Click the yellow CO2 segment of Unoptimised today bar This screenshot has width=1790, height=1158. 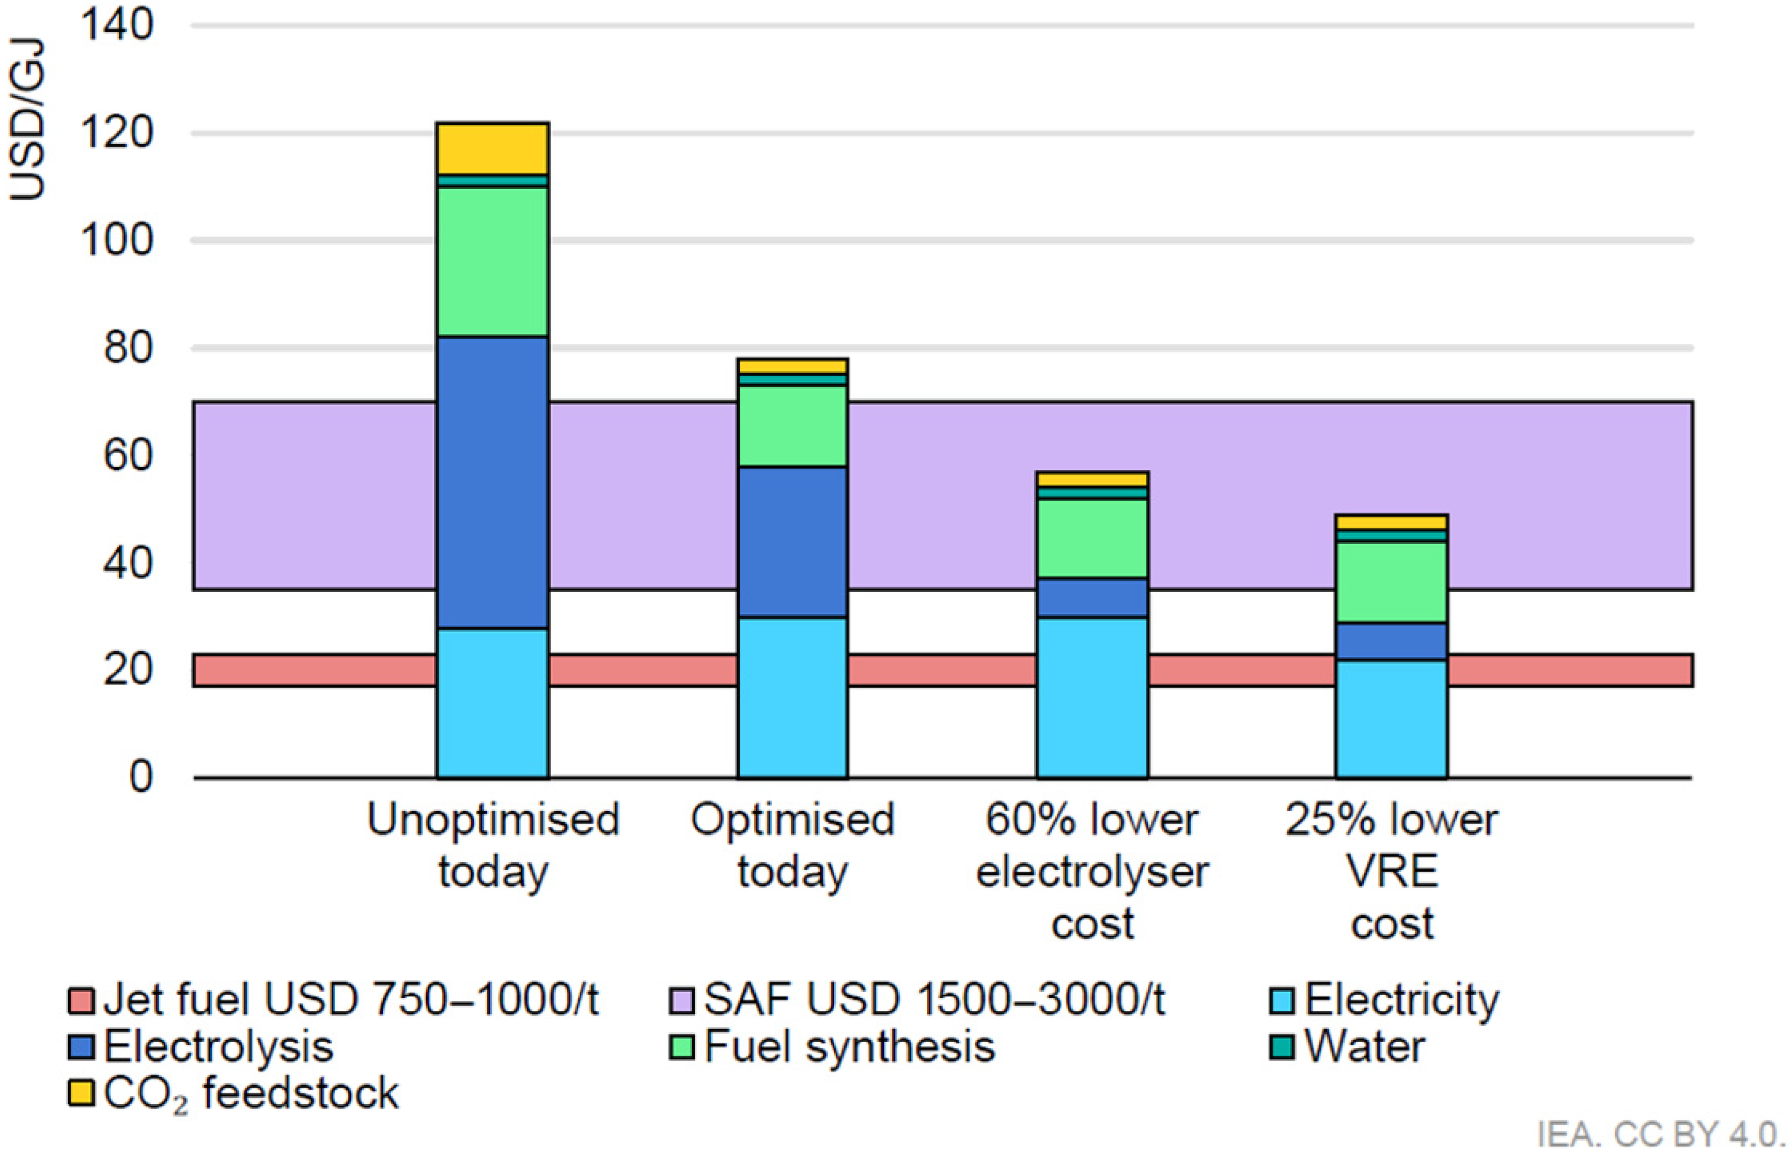tap(493, 148)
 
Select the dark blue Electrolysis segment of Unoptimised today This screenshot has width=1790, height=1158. tap(493, 481)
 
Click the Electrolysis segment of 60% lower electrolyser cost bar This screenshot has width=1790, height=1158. tap(1092, 598)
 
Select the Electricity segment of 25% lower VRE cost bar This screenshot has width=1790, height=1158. tap(1391, 718)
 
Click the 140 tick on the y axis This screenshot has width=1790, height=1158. tap(116, 25)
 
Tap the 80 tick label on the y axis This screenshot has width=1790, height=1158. tap(128, 348)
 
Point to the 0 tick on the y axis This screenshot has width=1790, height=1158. tap(141, 777)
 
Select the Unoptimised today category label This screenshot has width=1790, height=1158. tap(493, 845)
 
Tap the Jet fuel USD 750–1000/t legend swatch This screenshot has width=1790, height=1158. tap(80, 1001)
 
